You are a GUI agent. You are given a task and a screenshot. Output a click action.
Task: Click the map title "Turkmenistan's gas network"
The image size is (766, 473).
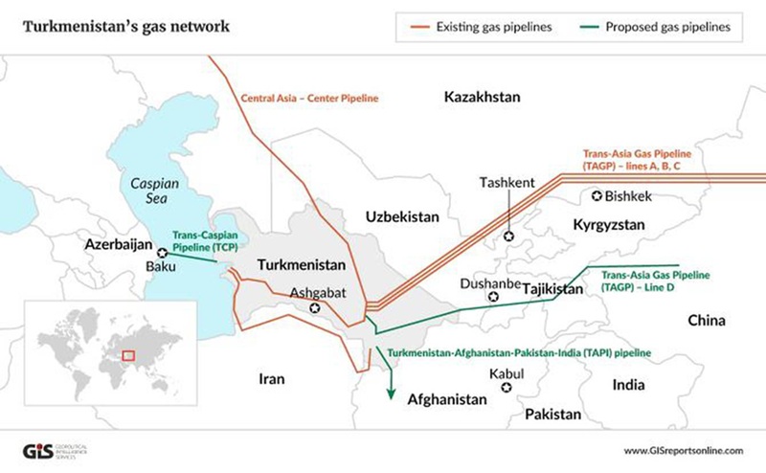[126, 26]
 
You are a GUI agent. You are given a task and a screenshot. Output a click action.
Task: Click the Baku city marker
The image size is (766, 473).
[163, 253]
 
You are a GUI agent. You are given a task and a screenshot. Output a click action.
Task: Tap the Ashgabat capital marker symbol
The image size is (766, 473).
[315, 308]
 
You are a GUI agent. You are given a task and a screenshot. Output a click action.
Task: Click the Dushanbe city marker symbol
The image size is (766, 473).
[495, 297]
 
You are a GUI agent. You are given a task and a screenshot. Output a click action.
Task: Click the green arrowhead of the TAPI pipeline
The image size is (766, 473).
[391, 395]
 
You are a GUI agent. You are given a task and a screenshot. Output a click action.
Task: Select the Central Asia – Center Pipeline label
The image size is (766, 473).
[309, 98]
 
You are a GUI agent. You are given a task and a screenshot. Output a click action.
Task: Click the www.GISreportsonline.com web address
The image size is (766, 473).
[683, 450]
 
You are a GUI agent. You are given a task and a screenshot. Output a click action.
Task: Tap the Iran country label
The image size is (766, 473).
[272, 379]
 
